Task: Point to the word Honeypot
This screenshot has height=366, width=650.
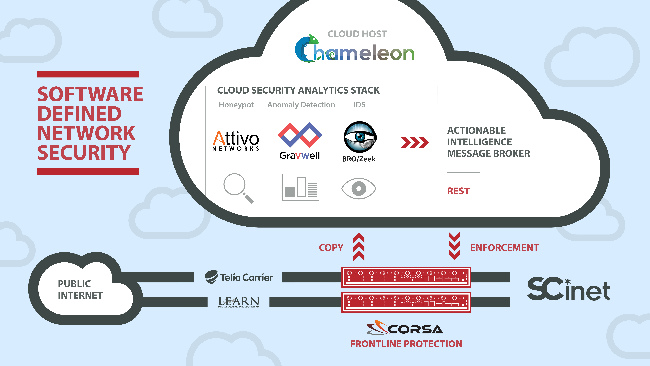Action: coord(236,105)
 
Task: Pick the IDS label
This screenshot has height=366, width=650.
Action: coord(359,105)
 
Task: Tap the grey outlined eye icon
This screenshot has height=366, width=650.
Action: coord(359,188)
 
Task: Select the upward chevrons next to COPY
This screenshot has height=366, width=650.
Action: coord(359,247)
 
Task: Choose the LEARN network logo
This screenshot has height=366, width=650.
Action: coord(238,302)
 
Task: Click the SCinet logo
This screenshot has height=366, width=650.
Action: coord(569,289)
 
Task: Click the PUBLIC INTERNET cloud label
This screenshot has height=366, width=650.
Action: coord(80,289)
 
